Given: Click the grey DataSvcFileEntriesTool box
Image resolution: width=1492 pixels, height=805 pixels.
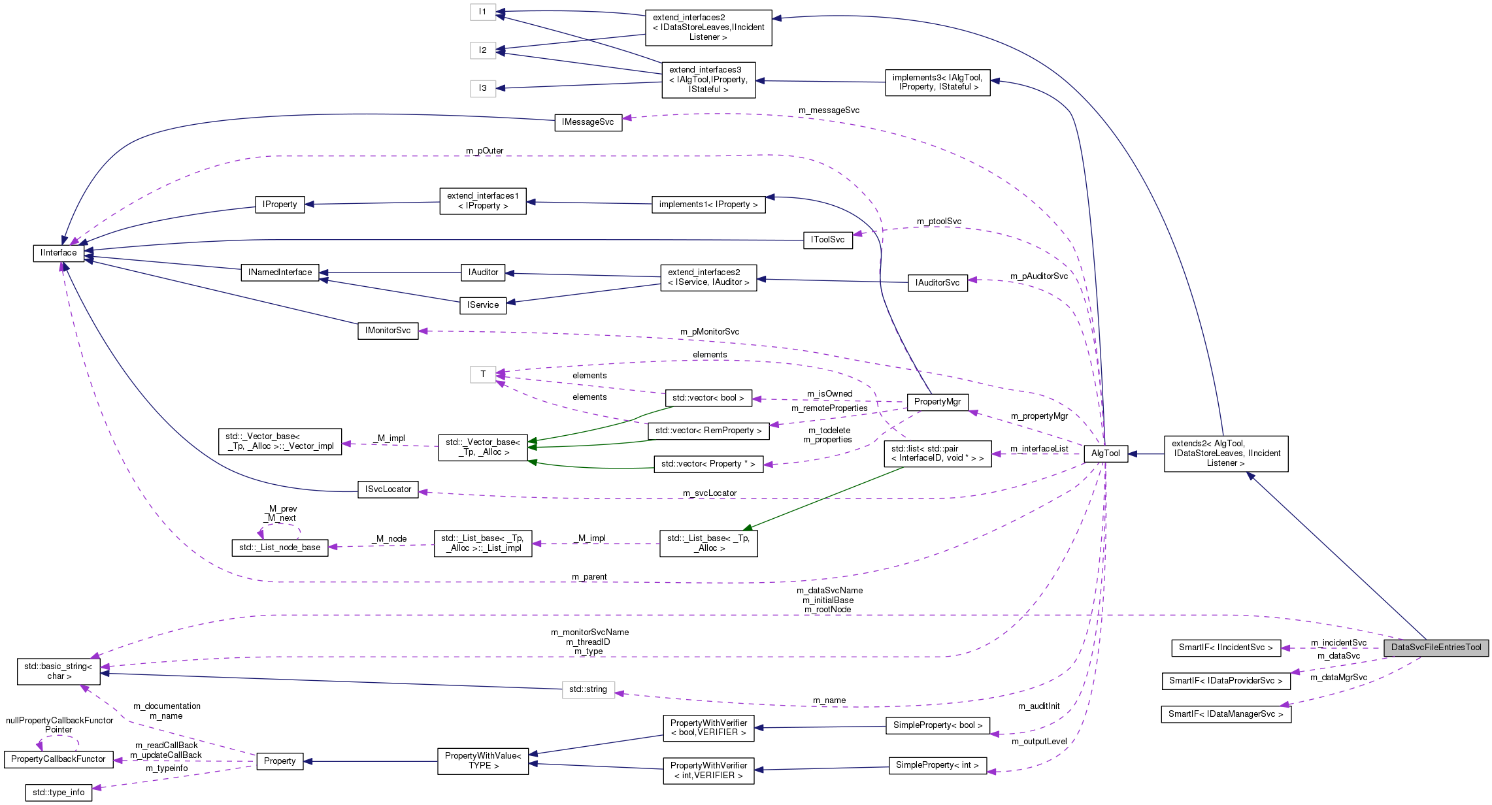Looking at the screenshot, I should [1436, 648].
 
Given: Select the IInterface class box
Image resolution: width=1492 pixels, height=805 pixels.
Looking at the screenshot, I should [59, 253].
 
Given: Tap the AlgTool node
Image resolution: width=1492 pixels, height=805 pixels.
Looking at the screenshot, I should [1105, 453].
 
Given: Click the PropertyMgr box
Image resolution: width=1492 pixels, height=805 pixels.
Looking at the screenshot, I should [937, 402].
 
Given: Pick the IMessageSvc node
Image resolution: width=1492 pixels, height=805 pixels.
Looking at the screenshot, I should [588, 122].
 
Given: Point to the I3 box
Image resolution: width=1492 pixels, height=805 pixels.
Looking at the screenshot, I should [482, 88].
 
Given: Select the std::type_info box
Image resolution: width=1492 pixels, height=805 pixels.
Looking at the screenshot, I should [58, 793].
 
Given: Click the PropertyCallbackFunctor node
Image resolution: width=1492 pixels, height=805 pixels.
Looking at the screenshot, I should [58, 759].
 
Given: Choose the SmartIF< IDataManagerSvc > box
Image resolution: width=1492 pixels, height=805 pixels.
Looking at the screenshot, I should [1225, 714].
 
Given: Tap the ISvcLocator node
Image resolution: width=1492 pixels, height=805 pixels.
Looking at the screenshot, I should [388, 489].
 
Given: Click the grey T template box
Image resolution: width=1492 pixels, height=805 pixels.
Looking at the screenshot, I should [483, 374].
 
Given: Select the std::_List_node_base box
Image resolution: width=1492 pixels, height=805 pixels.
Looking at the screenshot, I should [280, 548].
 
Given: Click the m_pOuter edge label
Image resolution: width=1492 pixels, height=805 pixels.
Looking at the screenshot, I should [484, 151].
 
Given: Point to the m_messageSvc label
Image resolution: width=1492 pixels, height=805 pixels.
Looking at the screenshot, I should [829, 110].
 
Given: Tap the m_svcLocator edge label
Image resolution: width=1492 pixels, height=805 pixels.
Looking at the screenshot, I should [709, 493].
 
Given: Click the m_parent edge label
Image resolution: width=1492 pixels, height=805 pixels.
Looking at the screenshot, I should [589, 577].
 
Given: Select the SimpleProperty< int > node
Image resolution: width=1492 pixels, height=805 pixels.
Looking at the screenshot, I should [937, 765].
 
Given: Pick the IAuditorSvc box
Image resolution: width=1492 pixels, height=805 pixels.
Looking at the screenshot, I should [937, 283].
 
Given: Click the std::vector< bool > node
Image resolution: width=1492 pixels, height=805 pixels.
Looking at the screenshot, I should [708, 398].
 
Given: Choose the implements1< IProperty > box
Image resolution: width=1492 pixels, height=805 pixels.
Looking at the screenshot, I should [708, 205].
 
